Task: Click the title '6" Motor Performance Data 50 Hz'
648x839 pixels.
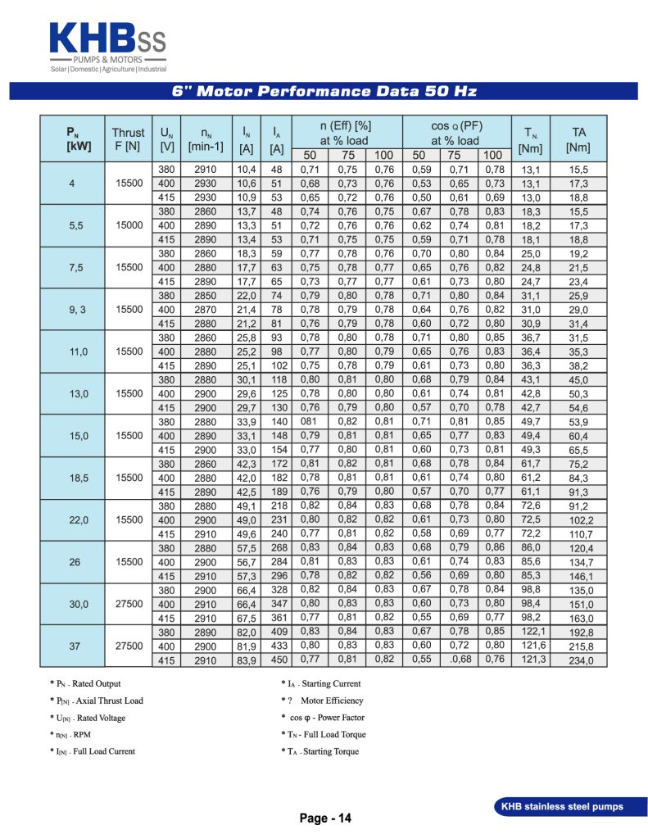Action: [x=324, y=91]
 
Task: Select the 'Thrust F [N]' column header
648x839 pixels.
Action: [x=128, y=138]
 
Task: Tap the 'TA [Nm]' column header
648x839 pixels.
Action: [x=578, y=138]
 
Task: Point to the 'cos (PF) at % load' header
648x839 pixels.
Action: [x=455, y=132]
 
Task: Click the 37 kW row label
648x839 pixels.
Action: [x=72, y=646]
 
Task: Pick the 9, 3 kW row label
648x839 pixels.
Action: [x=72, y=309]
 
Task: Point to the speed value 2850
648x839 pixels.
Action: [x=206, y=296]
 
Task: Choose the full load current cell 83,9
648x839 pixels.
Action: [x=247, y=660]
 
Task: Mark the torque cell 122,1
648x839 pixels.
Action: [x=532, y=633]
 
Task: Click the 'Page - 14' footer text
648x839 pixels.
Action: [x=325, y=818]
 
